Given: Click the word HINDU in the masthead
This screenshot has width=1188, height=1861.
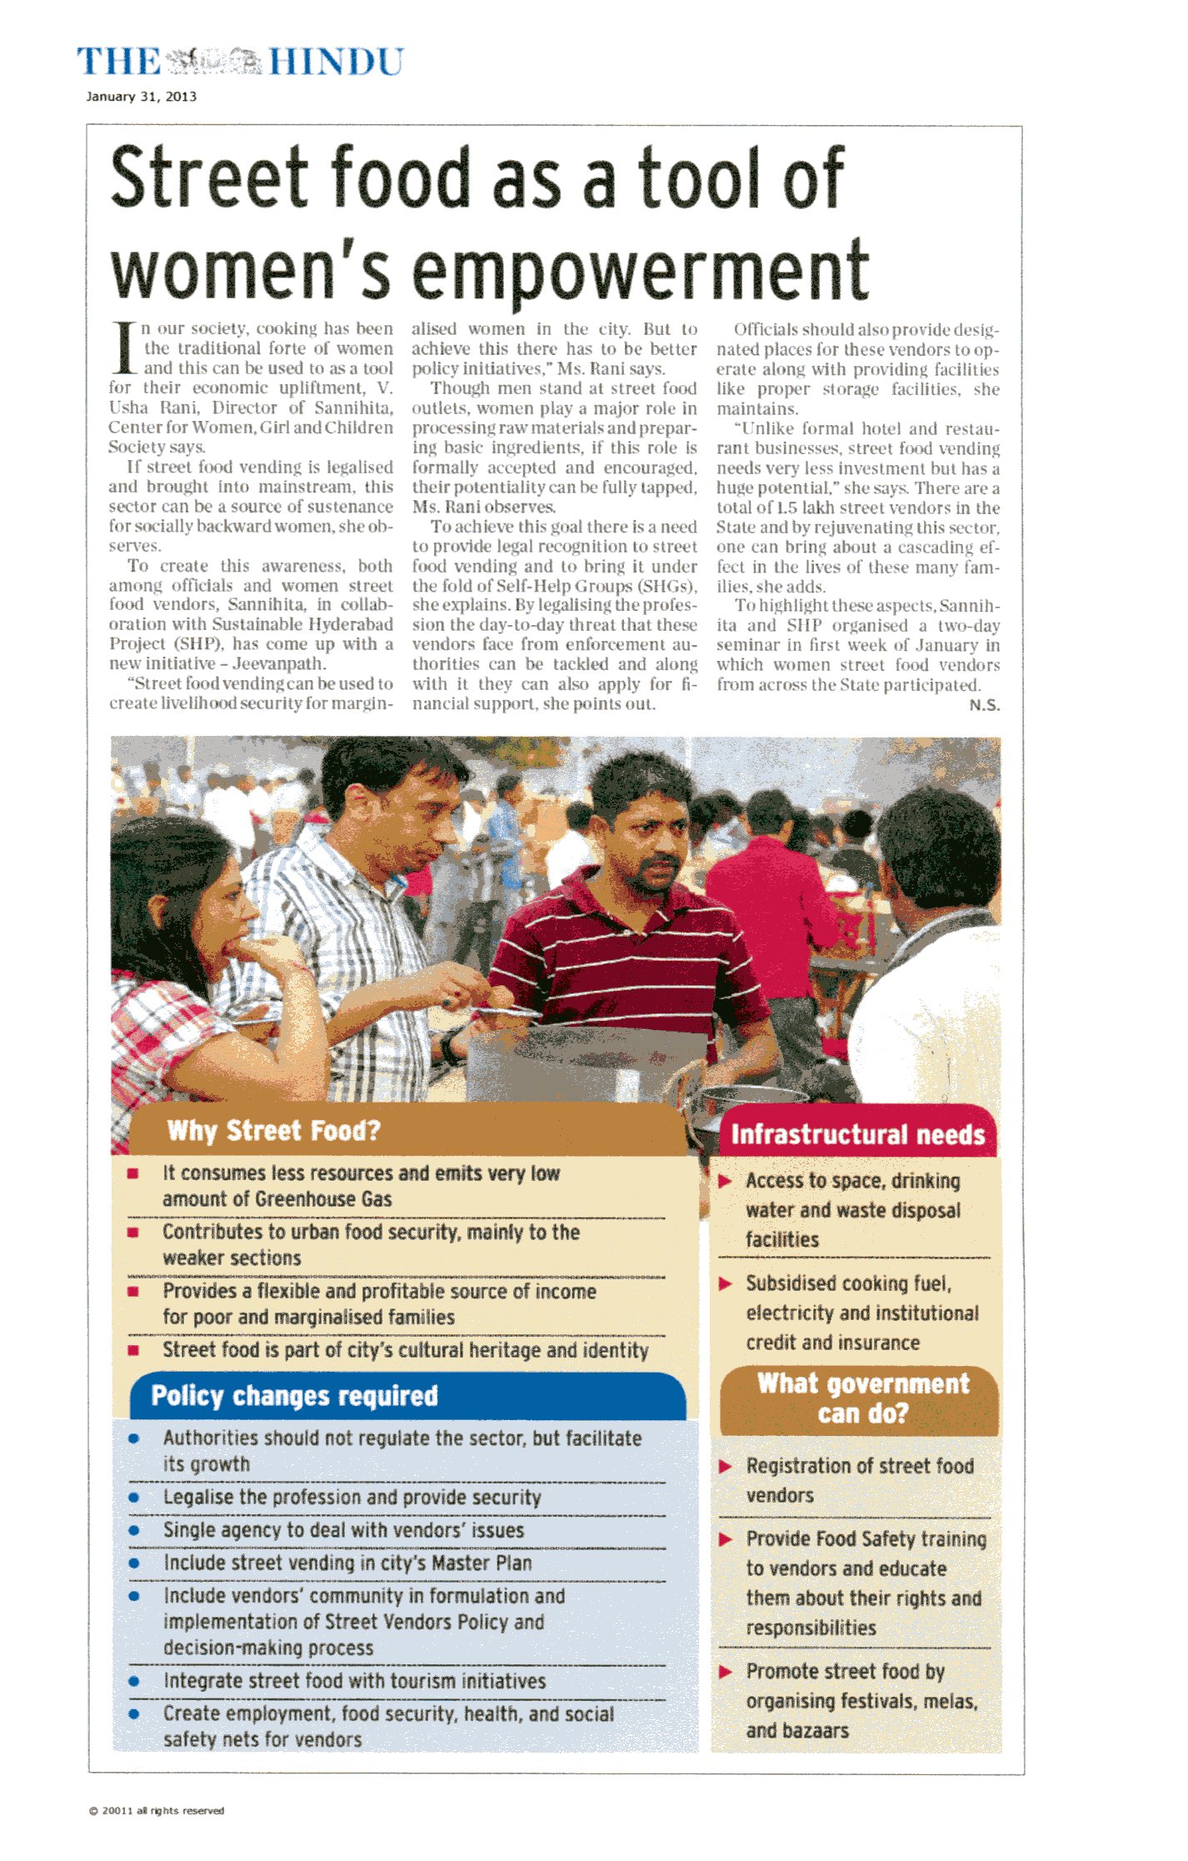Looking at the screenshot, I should click(x=336, y=63).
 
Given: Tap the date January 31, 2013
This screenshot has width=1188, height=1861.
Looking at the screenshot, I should click(x=141, y=97).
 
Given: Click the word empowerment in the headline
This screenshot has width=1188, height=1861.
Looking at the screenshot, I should click(x=640, y=271).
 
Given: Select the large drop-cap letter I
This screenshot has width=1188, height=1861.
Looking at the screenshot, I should click(x=123, y=348).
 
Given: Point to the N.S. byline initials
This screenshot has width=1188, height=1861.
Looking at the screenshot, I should click(x=984, y=705).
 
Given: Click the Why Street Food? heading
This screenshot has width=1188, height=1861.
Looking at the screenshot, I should click(x=273, y=1131).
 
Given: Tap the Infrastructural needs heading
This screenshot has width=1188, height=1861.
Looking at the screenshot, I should click(x=857, y=1135).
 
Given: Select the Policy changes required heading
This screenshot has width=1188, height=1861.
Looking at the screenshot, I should click(x=294, y=1396).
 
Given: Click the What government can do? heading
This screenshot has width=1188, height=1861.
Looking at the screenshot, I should click(x=862, y=1399).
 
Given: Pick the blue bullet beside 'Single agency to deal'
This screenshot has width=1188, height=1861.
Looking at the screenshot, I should click(x=133, y=1531).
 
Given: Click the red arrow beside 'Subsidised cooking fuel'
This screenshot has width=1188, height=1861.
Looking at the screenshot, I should click(x=726, y=1284).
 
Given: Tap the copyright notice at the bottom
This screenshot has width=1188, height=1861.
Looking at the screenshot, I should click(x=157, y=1810).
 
